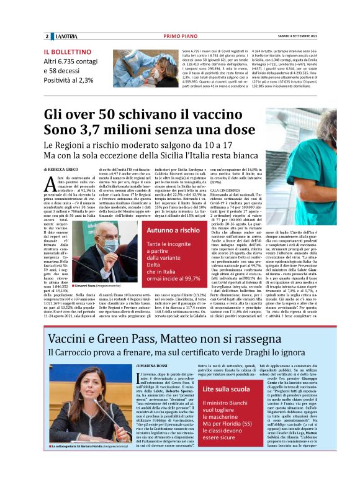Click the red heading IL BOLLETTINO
(x=68, y=52)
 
